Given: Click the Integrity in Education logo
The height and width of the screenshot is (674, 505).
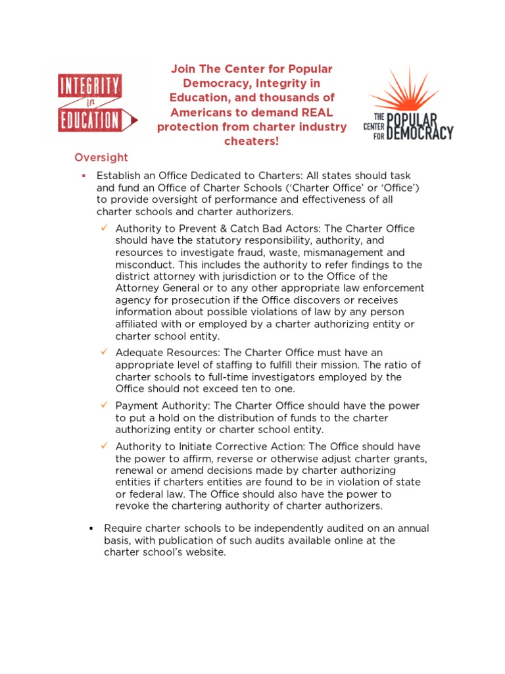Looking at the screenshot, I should tap(97, 104).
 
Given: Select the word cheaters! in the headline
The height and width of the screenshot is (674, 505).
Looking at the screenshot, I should tap(251, 142).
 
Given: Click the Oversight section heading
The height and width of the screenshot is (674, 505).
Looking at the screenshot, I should tap(101, 158).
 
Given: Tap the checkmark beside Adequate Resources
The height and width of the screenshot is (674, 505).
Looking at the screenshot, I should tap(105, 352).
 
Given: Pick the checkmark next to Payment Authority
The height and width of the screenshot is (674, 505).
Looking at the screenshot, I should tap(105, 405).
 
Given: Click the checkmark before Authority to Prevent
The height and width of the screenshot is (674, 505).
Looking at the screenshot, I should tap(105, 228).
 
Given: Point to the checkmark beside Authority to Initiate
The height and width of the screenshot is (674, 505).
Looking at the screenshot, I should tap(105, 446).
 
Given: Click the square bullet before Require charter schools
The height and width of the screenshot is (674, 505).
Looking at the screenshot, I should tap(91, 529).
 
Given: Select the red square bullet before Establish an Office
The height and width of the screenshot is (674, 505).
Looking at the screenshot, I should tap(84, 176).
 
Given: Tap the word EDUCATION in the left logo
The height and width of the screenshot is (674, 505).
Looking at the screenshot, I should tap(89, 120).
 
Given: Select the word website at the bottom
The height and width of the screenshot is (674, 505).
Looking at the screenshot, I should tap(204, 552).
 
